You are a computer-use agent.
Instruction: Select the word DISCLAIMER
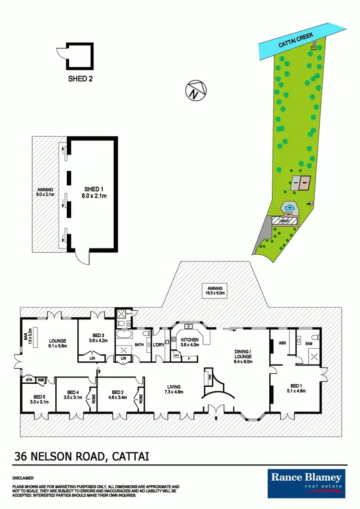point(24,478)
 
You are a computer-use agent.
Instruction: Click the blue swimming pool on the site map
point(289,208)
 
